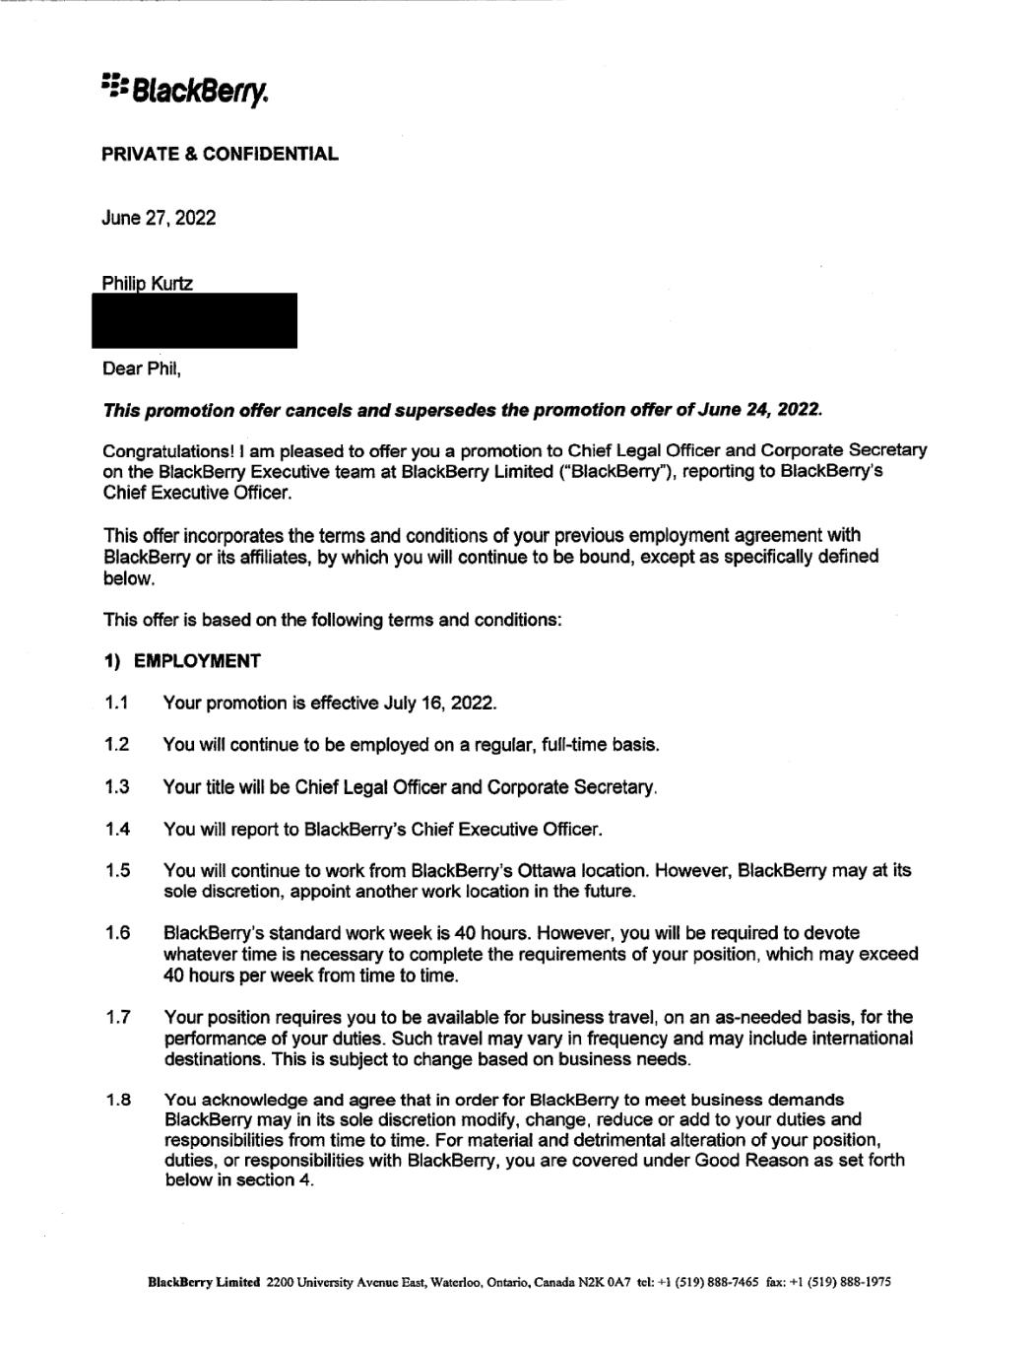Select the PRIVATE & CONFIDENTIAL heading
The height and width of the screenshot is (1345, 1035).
220,154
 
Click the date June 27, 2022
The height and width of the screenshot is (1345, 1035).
159,218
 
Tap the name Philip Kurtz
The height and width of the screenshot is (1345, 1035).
148,284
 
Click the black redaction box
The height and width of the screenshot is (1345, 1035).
195,321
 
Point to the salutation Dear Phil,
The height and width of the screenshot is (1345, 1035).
142,370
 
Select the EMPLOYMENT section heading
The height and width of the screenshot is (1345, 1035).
197,661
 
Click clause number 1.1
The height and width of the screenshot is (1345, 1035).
117,704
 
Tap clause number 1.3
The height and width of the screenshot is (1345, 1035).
117,787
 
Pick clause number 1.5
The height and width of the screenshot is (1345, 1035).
117,871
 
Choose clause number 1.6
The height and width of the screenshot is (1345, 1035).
117,933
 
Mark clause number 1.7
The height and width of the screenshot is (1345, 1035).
117,1017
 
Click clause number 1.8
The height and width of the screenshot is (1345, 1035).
118,1100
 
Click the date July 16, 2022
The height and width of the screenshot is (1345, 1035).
442,704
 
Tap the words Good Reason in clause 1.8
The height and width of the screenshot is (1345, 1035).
747,1160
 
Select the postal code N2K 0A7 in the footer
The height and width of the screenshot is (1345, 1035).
603,1282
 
